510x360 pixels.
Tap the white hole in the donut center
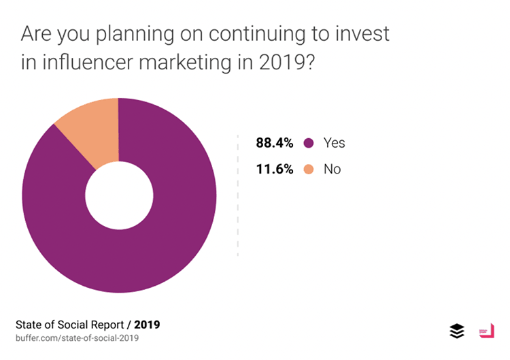pyautogui.click(x=119, y=195)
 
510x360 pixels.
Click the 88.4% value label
pyautogui.click(x=274, y=143)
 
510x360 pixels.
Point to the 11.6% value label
pyautogui.click(x=274, y=169)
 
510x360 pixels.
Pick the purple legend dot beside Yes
pyautogui.click(x=309, y=143)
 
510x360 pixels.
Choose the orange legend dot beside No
pyautogui.click(x=309, y=169)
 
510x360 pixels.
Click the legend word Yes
pyautogui.click(x=334, y=143)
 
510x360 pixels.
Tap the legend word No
pyautogui.click(x=332, y=169)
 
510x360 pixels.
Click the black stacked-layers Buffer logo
pyautogui.click(x=457, y=331)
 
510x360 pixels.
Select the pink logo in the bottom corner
pyautogui.click(x=486, y=331)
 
